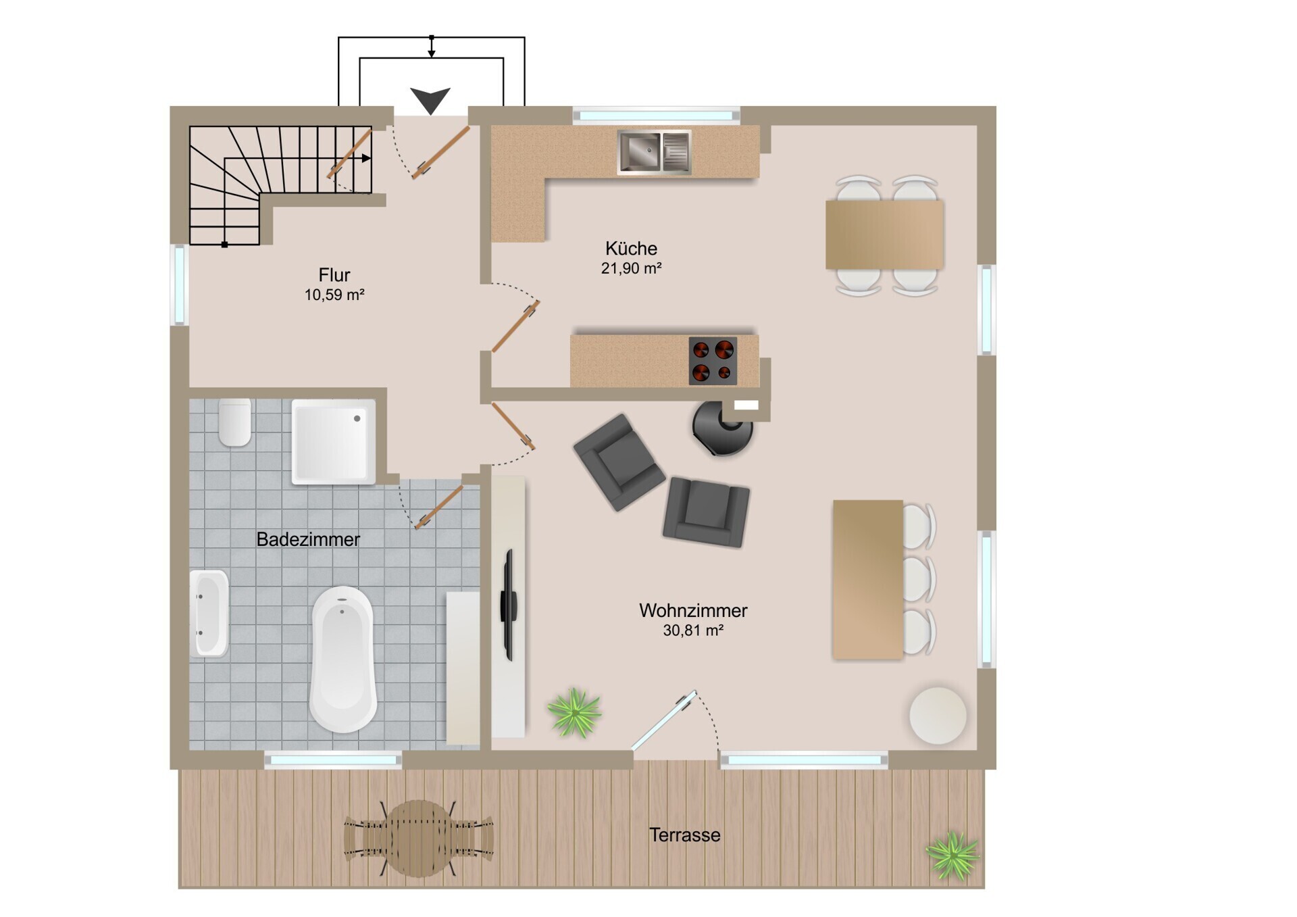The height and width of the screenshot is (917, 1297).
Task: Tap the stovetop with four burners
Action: click(713, 361)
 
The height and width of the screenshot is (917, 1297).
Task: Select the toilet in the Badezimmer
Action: click(235, 422)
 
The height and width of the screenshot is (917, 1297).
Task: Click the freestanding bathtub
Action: click(342, 659)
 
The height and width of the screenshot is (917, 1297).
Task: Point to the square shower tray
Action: click(334, 441)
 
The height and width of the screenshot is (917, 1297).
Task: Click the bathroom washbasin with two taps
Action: click(209, 614)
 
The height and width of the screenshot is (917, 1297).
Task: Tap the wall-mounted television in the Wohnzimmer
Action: click(508, 605)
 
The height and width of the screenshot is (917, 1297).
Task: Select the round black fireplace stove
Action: click(723, 428)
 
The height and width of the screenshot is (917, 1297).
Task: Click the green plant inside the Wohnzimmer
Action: click(574, 712)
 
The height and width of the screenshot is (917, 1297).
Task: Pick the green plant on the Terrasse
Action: click(952, 856)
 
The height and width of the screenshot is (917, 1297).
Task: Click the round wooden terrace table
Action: click(419, 839)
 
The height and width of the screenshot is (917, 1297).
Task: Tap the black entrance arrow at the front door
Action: click(430, 101)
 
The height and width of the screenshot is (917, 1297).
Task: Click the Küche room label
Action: click(631, 248)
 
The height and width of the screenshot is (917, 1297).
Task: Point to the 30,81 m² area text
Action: click(693, 630)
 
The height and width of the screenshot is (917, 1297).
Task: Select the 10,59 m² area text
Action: click(334, 295)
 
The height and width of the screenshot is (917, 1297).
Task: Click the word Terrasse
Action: click(685, 835)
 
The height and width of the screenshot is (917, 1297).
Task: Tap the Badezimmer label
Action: click(308, 539)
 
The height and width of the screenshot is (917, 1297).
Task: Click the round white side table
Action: click(938, 716)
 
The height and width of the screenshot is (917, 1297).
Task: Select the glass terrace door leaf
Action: click(664, 720)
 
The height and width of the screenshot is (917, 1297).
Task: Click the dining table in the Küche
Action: click(884, 235)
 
